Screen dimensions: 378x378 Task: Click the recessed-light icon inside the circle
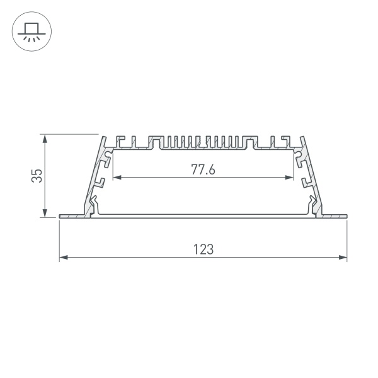[x=30, y=31]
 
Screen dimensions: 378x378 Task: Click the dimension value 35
[x=37, y=175]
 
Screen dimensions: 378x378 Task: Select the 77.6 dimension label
[x=203, y=169]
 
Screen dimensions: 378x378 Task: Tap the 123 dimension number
[x=203, y=249]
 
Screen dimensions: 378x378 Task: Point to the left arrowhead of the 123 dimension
[x=62, y=257]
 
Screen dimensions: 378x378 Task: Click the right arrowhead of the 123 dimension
[x=343, y=257]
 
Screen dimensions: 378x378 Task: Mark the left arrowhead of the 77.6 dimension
[x=115, y=177]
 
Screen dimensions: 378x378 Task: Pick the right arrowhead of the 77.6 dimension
[x=291, y=177]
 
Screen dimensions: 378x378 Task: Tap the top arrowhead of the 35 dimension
[x=45, y=138]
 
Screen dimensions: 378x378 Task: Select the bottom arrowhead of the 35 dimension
[x=45, y=214]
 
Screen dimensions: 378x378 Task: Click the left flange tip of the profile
[x=61, y=216]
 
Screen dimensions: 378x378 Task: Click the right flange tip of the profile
[x=345, y=216]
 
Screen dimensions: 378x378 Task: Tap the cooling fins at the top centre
[x=203, y=142]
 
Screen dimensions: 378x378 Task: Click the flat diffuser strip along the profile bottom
[x=203, y=216]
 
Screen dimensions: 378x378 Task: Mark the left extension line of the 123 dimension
[x=59, y=239]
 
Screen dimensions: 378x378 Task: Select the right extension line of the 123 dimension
[x=347, y=239]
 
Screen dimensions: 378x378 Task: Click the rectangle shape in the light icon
[x=30, y=27]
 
